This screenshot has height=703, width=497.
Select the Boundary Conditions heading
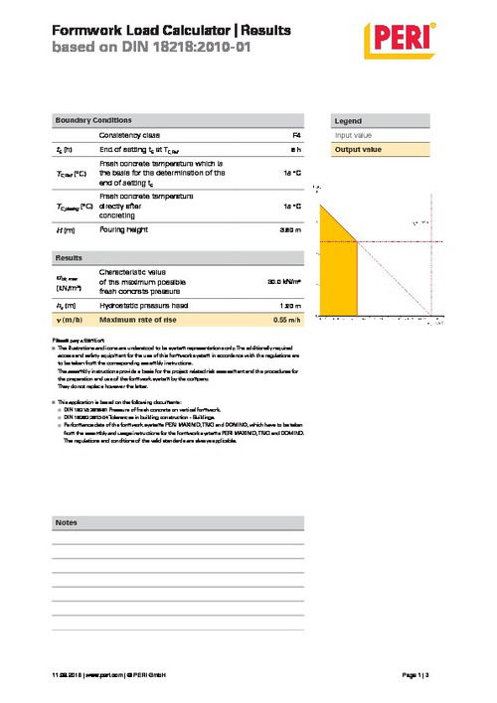click(91, 119)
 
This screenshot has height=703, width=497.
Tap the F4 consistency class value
click(295, 134)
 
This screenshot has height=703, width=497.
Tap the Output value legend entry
click(359, 149)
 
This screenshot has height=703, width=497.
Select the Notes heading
click(67, 521)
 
